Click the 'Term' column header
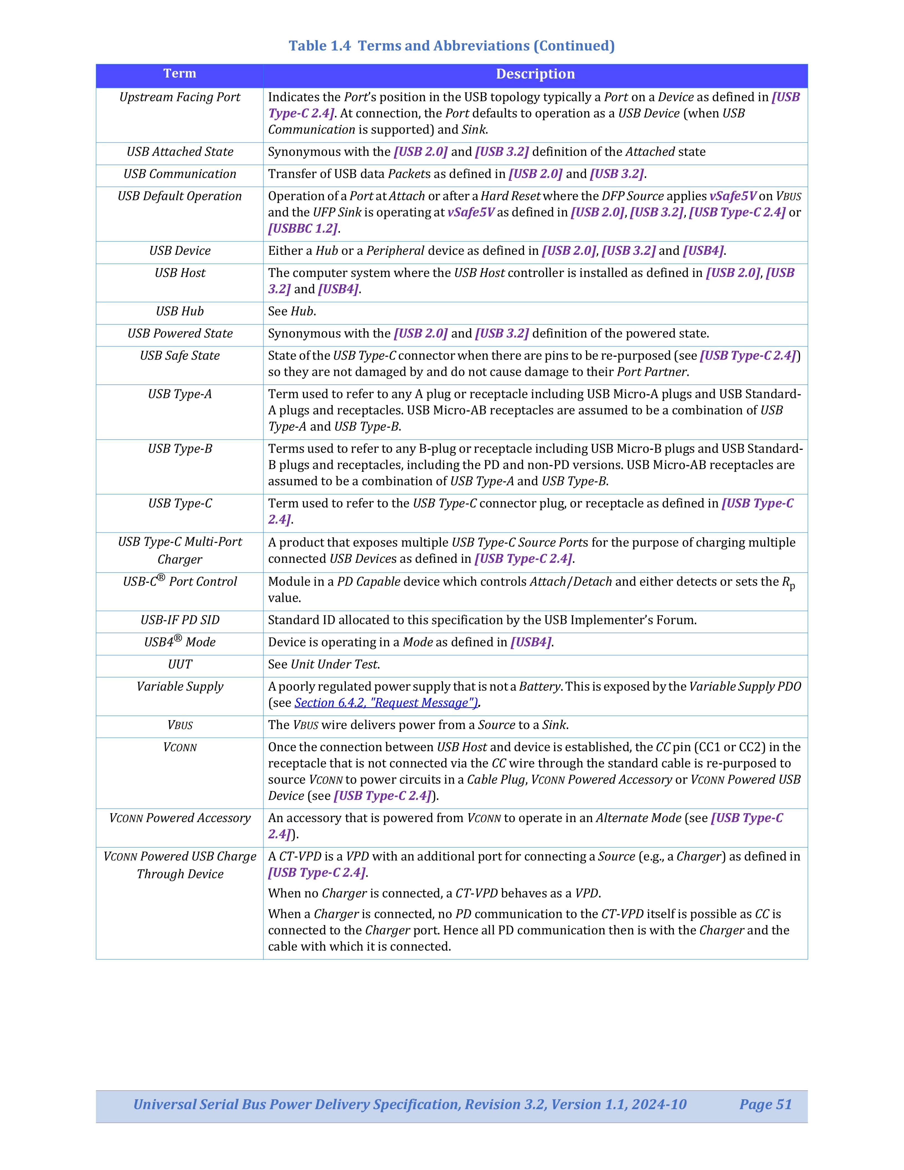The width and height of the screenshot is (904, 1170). pyautogui.click(x=179, y=74)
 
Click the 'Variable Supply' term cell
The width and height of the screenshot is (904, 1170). pyautogui.click(x=179, y=687)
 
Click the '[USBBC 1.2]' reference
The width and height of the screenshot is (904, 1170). pyautogui.click(x=303, y=229)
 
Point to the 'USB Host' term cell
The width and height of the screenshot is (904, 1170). pyautogui.click(x=179, y=273)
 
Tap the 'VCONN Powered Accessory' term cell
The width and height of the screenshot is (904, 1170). pyautogui.click(x=179, y=818)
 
